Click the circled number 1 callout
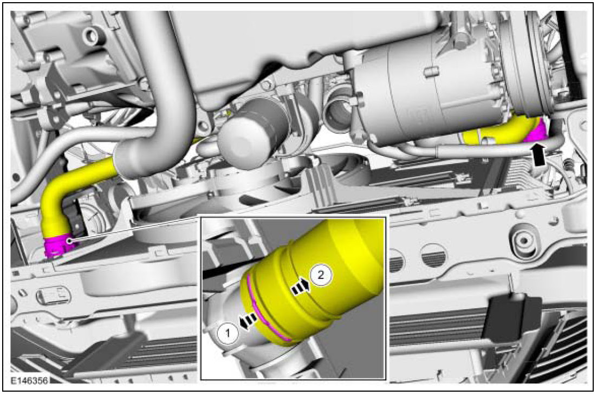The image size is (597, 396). pyautogui.click(x=228, y=334)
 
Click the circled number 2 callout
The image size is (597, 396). pyautogui.click(x=321, y=275)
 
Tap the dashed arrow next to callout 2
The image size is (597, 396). pyautogui.click(x=301, y=285)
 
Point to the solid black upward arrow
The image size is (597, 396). pyautogui.click(x=538, y=154)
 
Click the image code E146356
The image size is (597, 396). pyautogui.click(x=29, y=380)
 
